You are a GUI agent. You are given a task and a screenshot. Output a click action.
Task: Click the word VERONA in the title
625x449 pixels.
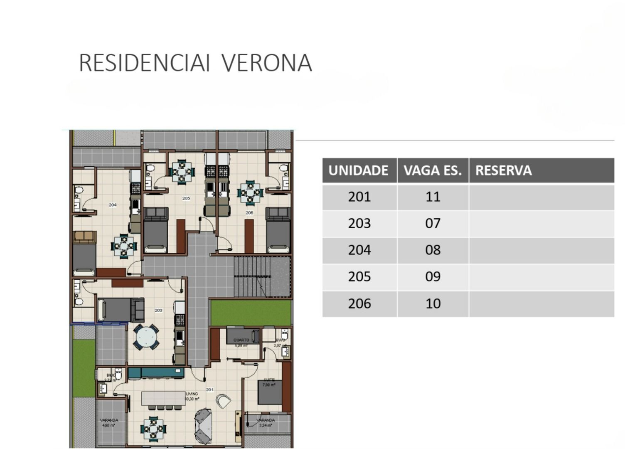point(266,63)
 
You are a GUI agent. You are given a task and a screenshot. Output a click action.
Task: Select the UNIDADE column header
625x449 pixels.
point(358,170)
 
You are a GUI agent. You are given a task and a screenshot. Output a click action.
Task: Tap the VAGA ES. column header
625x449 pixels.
point(433,170)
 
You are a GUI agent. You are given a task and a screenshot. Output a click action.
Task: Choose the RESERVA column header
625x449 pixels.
point(503,170)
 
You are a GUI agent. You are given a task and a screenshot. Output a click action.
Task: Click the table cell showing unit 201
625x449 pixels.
point(359,197)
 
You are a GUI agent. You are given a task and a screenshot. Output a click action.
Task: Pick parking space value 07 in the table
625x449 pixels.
point(433,224)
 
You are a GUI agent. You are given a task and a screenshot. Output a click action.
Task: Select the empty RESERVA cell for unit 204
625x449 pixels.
point(541,250)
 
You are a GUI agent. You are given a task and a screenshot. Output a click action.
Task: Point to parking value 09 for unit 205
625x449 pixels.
point(433,277)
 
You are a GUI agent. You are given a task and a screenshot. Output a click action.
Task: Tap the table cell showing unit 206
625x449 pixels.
point(359,303)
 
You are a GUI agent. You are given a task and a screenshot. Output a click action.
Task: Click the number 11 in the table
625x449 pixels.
point(433,197)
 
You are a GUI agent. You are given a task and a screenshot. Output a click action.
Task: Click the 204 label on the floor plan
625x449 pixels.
point(113,205)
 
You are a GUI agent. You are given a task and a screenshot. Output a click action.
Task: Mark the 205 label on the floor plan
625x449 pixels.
point(186,198)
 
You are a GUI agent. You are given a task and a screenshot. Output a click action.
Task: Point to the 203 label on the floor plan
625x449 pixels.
point(158,310)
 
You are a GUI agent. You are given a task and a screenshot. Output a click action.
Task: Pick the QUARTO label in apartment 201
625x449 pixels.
point(241,340)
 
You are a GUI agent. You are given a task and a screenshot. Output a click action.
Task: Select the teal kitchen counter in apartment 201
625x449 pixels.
point(156,373)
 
